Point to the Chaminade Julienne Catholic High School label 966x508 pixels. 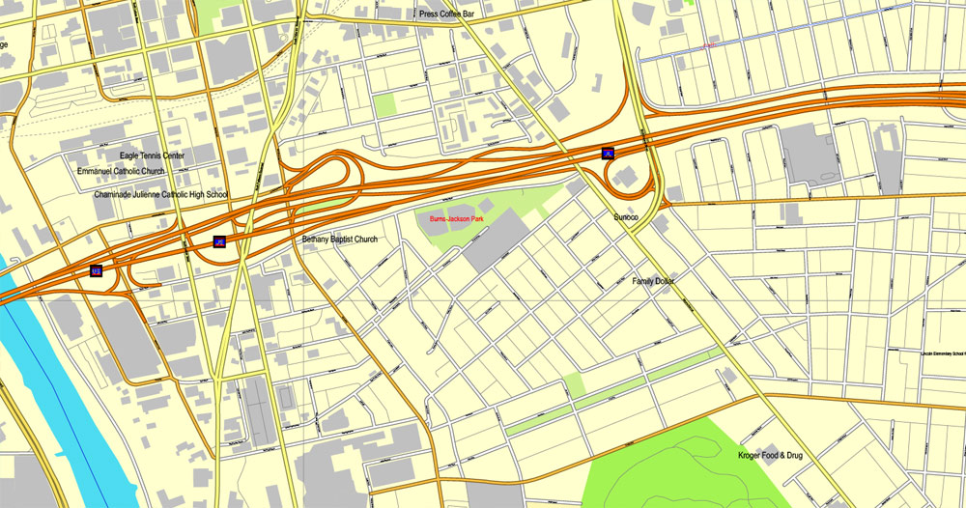[160, 194]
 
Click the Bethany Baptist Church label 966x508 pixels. [339, 239]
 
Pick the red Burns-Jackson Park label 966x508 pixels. [457, 220]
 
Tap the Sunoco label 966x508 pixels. [626, 217]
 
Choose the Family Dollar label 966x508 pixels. [653, 280]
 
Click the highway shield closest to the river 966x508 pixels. [96, 271]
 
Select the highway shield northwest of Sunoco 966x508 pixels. [608, 153]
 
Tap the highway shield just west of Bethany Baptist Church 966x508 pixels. [219, 241]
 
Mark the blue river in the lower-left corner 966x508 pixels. [39, 386]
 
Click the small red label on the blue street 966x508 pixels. [710, 44]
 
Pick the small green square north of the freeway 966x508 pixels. [385, 105]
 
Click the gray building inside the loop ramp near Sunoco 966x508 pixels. [625, 177]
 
